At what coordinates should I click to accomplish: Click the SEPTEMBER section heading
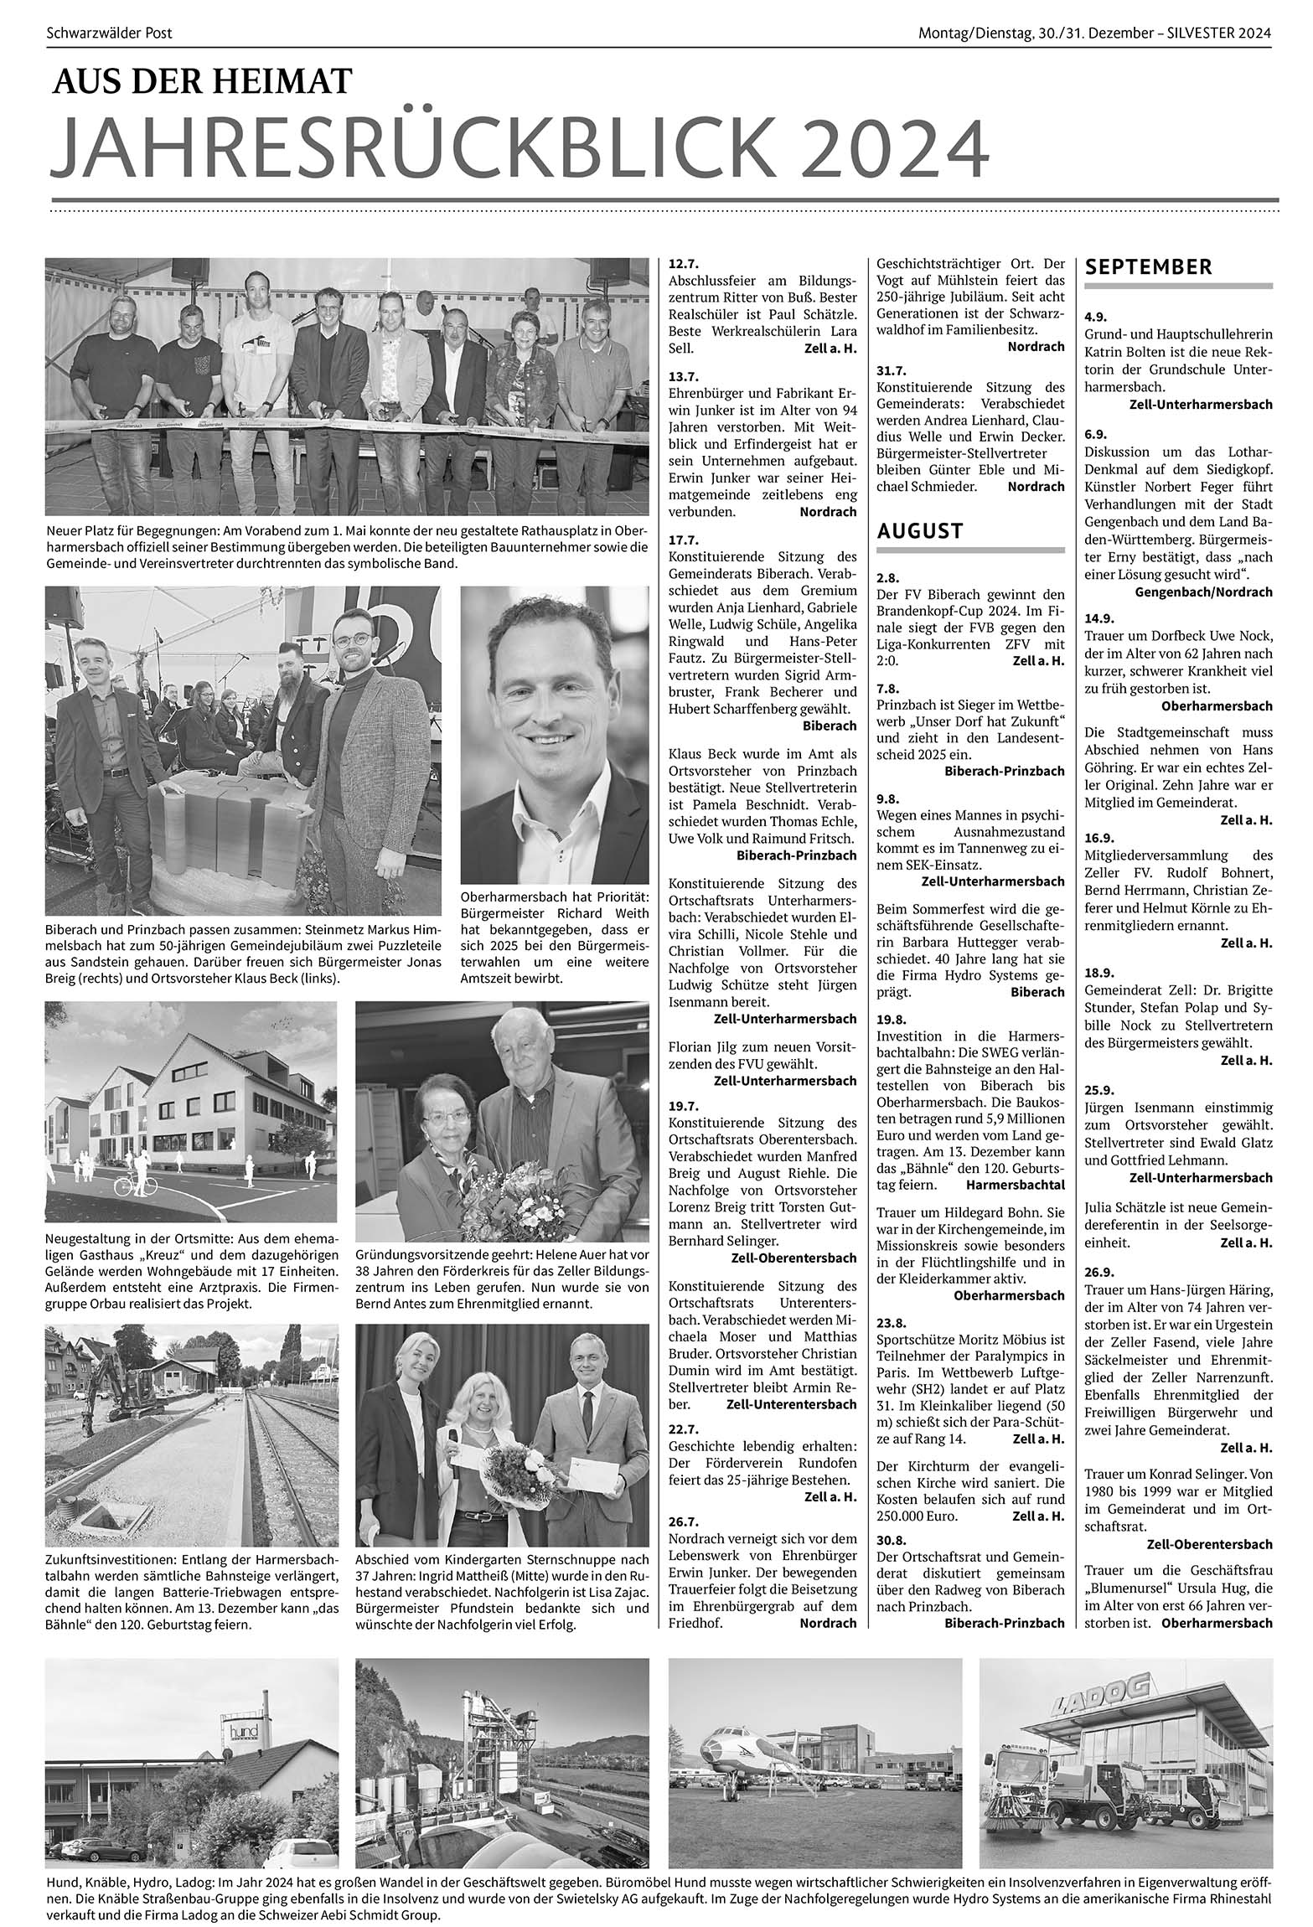(x=1148, y=267)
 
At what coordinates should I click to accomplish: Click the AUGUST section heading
(x=920, y=530)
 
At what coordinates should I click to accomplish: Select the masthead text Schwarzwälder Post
(x=109, y=34)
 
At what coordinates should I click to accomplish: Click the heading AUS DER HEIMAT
(x=202, y=81)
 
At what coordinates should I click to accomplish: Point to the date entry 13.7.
(x=684, y=376)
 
